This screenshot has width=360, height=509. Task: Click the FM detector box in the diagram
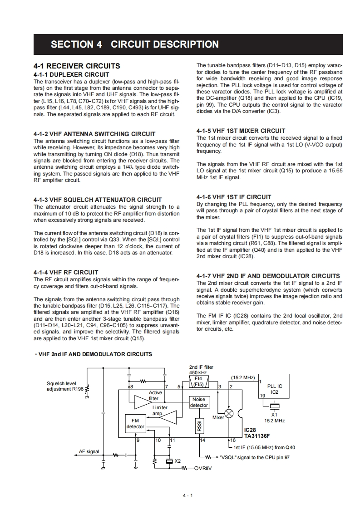(135, 423)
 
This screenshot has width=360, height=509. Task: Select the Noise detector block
(199, 402)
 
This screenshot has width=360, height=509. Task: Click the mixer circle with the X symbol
(230, 414)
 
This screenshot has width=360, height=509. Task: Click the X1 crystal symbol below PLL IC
(274, 406)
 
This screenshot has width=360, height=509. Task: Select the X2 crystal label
(178, 461)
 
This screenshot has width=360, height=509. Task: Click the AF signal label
(89, 451)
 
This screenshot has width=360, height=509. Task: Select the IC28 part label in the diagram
(250, 429)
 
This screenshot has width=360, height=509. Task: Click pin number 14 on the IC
(202, 440)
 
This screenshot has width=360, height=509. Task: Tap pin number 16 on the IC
(233, 440)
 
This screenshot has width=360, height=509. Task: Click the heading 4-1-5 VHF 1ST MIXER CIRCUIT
(241, 131)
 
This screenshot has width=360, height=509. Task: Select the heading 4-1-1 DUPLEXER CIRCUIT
(71, 74)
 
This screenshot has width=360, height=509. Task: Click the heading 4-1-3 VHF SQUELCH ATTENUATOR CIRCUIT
(98, 200)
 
